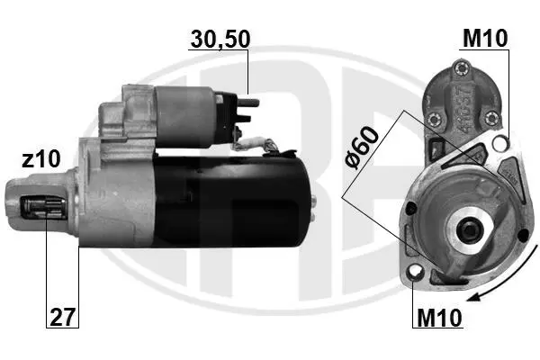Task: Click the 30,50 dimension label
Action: pos(220,39)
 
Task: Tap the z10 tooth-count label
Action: pos(41,159)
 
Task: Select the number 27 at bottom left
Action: pos(62,317)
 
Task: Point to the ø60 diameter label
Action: pos(362,148)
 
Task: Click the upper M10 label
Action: pos(485,38)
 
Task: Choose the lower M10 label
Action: pos(439,317)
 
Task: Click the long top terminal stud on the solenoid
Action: pos(248,103)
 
